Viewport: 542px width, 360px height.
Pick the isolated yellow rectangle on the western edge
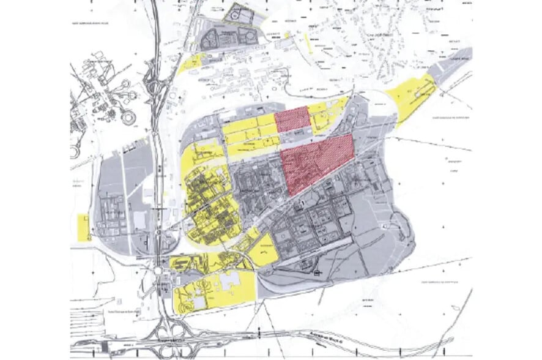(x=83, y=227)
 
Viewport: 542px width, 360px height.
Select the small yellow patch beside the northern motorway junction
(x=193, y=61)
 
